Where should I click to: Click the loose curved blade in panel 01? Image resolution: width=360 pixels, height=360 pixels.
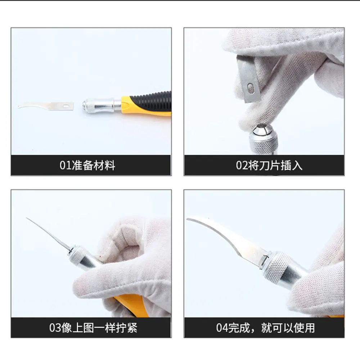coord(46,106)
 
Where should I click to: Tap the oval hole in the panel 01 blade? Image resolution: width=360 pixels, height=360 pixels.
coord(66,106)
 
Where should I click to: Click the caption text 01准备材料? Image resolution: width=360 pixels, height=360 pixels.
coord(87,165)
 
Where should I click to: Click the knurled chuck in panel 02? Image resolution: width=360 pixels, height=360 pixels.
coord(264,141)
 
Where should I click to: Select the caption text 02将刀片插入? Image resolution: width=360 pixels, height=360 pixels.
coord(269,165)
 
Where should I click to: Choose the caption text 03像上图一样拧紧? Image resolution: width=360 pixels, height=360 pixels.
coord(93,328)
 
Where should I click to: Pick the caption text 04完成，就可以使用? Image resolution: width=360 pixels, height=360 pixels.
coord(265,328)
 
